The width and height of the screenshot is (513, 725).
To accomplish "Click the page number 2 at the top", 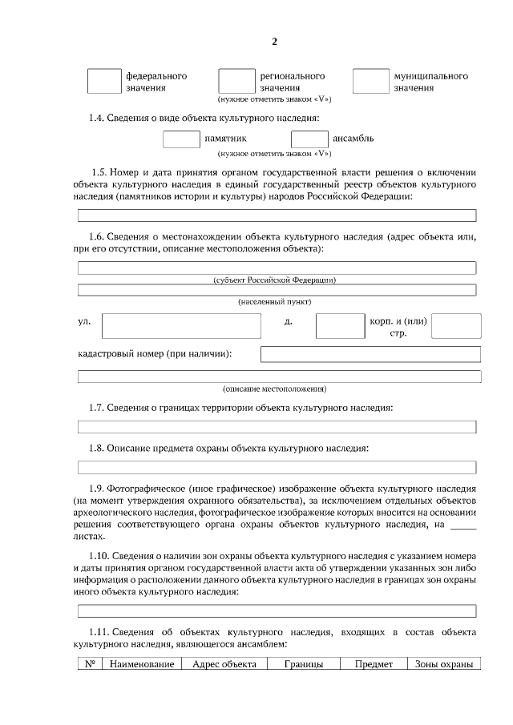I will pyautogui.click(x=274, y=41).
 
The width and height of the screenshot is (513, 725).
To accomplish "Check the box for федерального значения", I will pyautogui.click(x=103, y=82).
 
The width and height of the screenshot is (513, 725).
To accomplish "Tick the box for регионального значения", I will pyautogui.click(x=236, y=82).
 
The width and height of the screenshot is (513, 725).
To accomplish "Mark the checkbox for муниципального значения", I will pyautogui.click(x=370, y=82).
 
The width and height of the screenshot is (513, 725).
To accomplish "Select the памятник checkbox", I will pyautogui.click(x=181, y=139).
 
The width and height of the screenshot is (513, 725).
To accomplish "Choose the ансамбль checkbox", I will pyautogui.click(x=309, y=139).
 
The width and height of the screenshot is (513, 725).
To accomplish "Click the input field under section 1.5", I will pyautogui.click(x=277, y=215).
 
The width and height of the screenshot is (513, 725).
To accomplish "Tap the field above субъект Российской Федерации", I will pyautogui.click(x=277, y=268).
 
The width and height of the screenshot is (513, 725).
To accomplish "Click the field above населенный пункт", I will pyautogui.click(x=277, y=289).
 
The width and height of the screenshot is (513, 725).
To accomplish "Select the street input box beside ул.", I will pyautogui.click(x=181, y=326).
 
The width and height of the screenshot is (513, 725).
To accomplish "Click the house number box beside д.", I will pyautogui.click(x=340, y=326).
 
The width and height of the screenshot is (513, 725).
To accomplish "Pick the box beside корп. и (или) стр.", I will pyautogui.click(x=456, y=326).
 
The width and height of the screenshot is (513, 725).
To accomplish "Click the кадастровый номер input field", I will pyautogui.click(x=370, y=354).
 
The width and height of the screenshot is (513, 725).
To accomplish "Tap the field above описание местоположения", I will pyautogui.click(x=277, y=377).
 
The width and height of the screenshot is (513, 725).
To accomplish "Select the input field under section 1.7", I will pyautogui.click(x=277, y=427).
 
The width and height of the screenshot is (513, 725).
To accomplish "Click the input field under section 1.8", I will pyautogui.click(x=277, y=466).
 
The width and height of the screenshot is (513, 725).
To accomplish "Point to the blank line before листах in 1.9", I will pyautogui.click(x=463, y=526).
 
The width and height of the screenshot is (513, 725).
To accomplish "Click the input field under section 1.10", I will pyautogui.click(x=277, y=611).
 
